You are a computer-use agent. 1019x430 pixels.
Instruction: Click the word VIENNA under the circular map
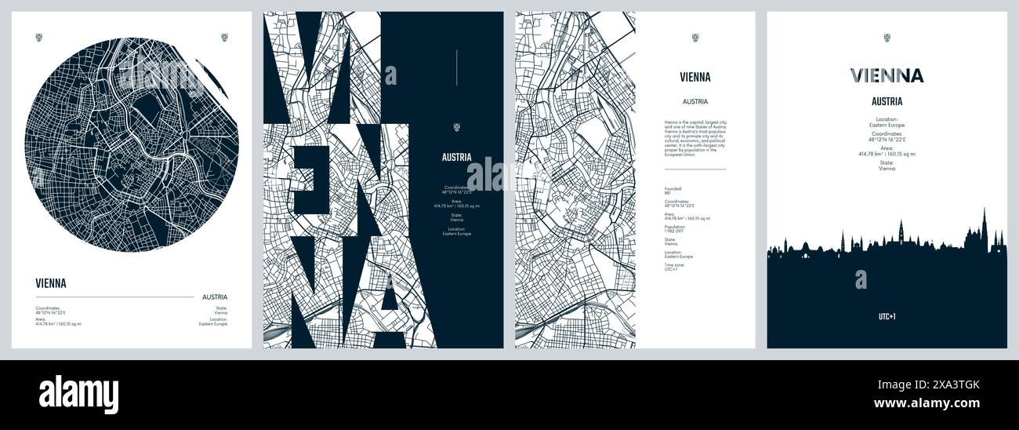point(51,283)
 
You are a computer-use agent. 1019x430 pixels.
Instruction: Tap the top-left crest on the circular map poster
point(40,37)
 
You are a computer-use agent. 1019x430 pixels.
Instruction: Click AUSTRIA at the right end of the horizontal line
point(215,297)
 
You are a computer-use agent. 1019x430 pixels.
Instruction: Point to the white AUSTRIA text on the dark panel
point(455,157)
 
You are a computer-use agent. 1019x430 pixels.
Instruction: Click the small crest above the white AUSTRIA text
point(455,128)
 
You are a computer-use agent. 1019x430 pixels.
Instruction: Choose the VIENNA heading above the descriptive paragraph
point(694,77)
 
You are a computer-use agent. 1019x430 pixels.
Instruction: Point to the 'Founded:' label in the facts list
point(673,188)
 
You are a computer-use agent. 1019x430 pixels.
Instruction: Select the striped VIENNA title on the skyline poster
point(887,75)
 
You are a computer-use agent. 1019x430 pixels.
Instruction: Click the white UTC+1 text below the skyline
point(887,317)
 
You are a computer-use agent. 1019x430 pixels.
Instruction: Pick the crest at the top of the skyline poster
point(887,37)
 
